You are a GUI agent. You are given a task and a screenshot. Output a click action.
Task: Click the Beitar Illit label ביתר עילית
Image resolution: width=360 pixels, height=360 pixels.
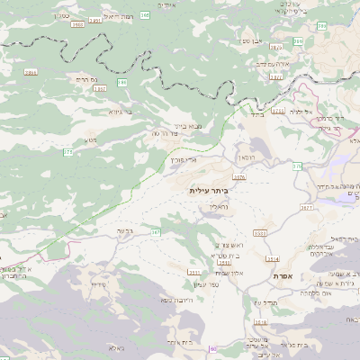coord(210,191)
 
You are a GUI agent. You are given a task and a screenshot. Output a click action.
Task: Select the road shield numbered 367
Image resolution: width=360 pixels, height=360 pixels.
coord(156,232)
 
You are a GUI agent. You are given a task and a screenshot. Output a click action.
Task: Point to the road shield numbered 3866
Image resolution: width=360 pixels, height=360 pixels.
coord(31,72)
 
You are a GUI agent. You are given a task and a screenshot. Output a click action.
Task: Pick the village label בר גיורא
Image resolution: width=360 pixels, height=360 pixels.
coord(120,114)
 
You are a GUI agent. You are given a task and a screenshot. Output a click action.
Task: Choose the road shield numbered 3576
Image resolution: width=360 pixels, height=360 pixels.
coord(238,177)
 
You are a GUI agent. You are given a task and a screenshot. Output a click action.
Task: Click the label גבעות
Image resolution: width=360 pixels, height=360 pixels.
coord(126,231)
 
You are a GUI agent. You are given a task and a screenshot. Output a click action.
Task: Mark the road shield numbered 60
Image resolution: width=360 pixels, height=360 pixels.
coord(212,349)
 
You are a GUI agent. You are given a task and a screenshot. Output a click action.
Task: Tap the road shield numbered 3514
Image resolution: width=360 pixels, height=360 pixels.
coord(273,259)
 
